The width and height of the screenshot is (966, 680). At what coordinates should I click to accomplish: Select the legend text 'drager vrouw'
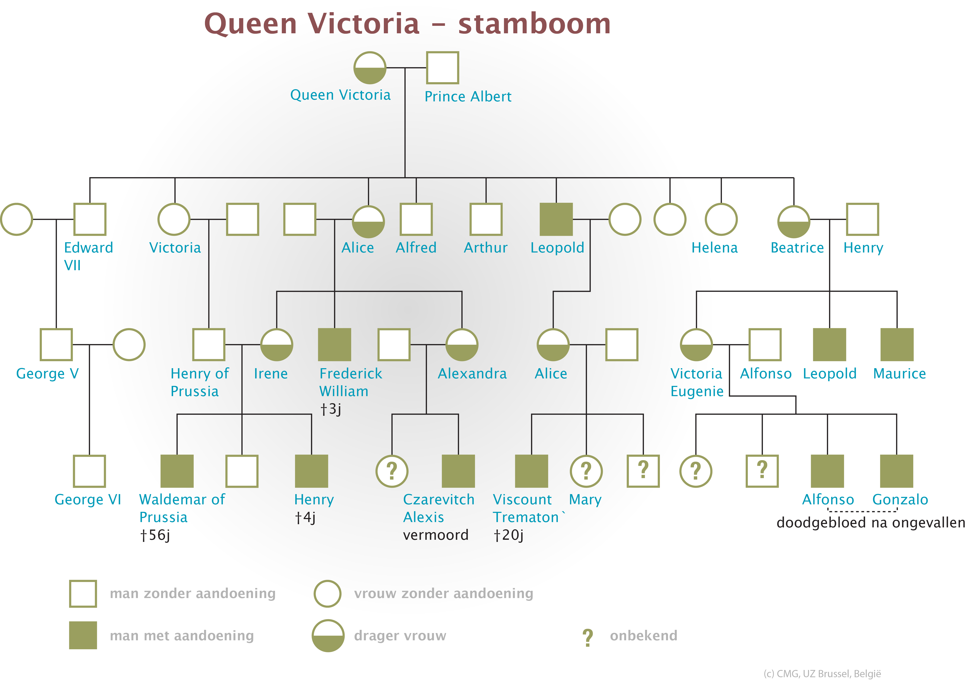[400, 635]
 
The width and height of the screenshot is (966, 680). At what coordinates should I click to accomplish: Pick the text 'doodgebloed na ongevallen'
[870, 523]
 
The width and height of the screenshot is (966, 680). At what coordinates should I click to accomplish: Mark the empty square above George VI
[89, 471]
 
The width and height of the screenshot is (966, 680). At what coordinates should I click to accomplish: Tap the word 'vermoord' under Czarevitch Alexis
[436, 535]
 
